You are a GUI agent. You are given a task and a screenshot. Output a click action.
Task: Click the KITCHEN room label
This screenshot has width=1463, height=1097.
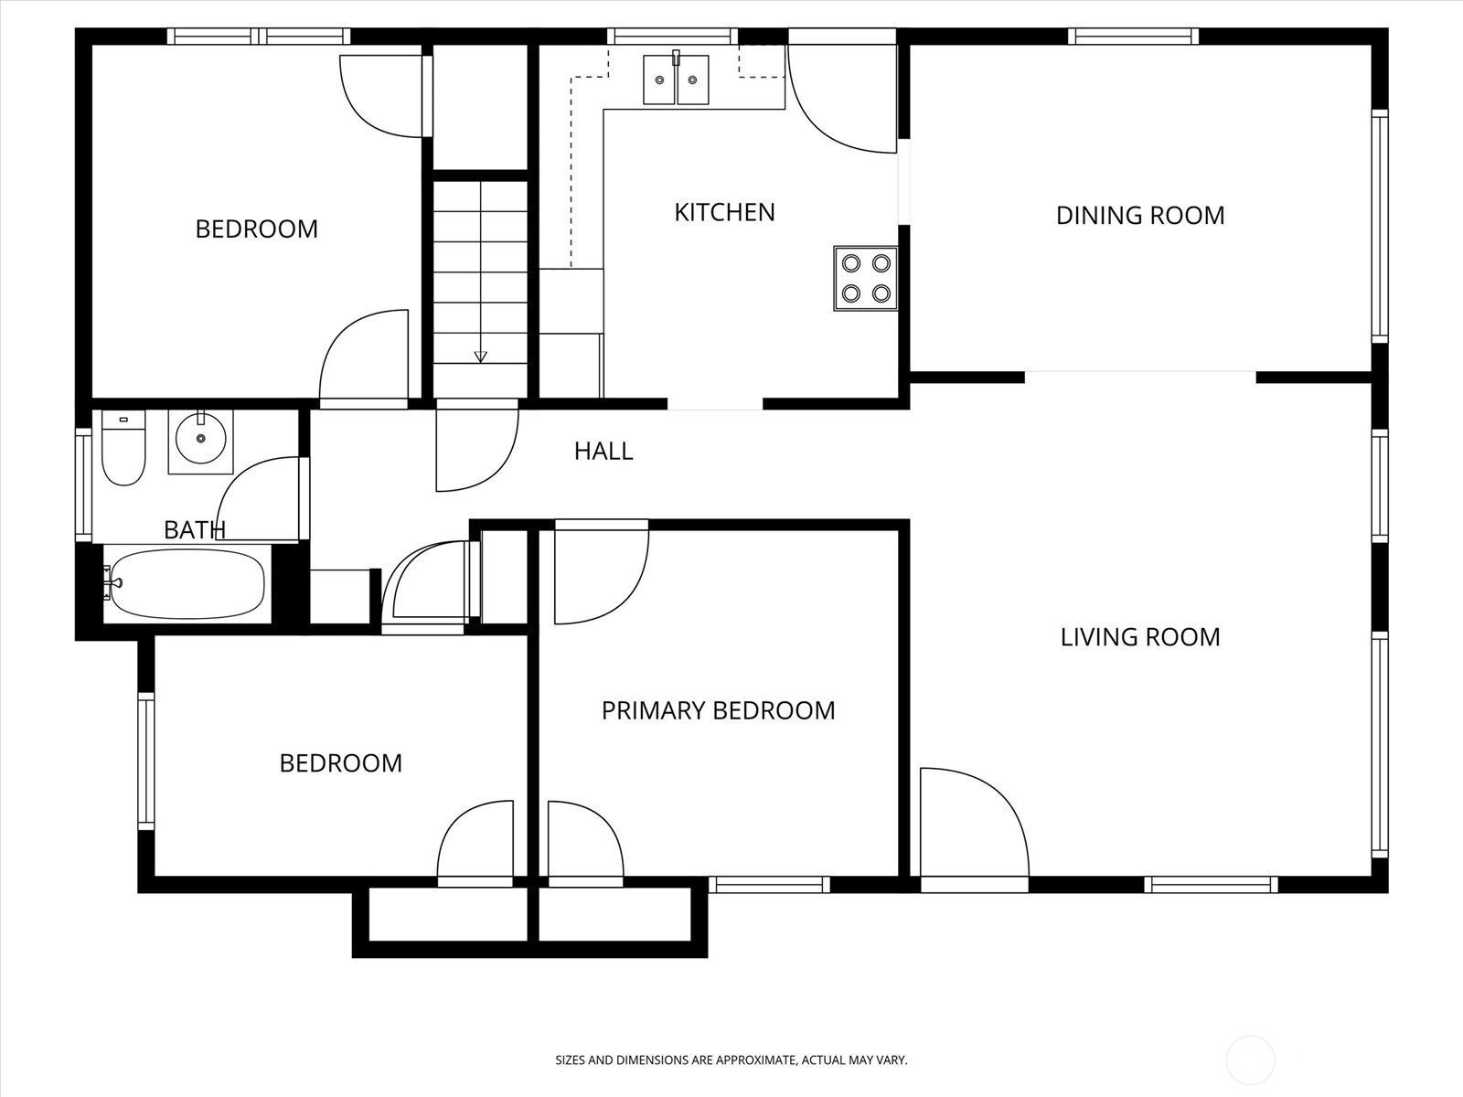[x=724, y=212]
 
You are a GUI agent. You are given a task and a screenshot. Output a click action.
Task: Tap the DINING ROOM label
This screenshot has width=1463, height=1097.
[x=1140, y=215]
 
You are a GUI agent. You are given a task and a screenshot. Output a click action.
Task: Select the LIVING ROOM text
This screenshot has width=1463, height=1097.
[x=1140, y=637]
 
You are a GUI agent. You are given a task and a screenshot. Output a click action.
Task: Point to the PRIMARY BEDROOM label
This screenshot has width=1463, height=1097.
[x=718, y=710]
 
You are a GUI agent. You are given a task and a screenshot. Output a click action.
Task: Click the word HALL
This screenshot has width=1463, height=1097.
[x=603, y=452]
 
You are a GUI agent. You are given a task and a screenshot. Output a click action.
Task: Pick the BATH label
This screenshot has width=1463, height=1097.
[x=195, y=530]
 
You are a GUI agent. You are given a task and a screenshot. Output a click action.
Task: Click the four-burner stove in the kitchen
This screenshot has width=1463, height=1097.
[x=865, y=279]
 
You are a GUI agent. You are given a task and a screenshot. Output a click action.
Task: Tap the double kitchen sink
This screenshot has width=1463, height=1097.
[x=676, y=80]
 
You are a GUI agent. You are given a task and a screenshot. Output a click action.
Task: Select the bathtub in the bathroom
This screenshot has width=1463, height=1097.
[x=187, y=584]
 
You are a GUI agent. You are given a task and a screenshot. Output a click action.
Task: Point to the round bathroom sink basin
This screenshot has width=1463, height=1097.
[x=200, y=439]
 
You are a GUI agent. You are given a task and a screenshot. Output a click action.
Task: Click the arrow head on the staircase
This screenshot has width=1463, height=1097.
[x=480, y=357]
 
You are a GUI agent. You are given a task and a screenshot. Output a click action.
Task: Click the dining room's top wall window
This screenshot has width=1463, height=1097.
[x=1133, y=36]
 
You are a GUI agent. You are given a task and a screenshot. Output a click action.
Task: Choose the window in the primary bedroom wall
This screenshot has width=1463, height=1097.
[x=769, y=885]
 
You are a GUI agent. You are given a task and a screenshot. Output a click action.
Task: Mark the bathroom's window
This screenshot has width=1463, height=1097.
[x=83, y=485]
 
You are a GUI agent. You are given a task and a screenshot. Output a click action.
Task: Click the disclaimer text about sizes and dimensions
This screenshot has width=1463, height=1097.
[x=731, y=1060]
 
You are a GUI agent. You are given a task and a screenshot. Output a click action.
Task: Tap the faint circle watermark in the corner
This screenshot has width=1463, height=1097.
[x=1250, y=1060]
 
